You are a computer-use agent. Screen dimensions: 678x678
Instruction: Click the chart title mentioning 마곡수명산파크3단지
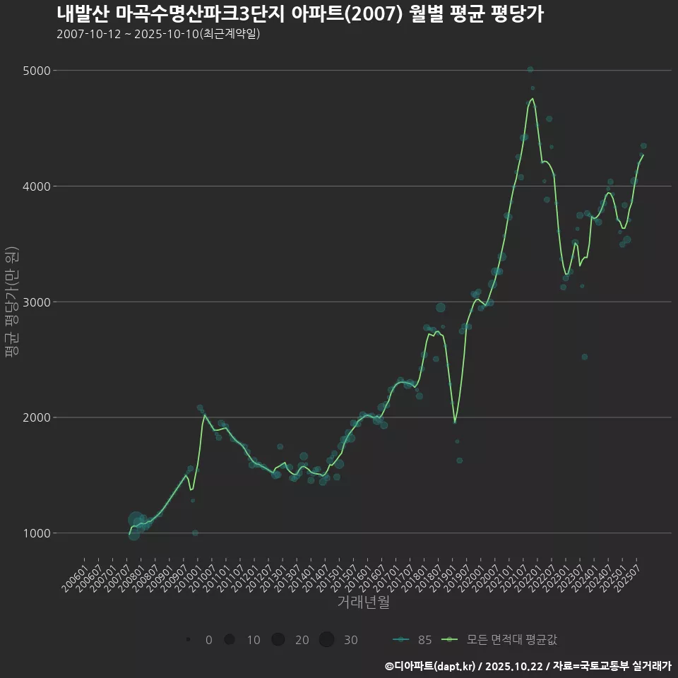[300, 14]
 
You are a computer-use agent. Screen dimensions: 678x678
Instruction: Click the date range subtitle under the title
[158, 34]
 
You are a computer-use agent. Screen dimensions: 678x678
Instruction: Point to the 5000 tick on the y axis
[36, 71]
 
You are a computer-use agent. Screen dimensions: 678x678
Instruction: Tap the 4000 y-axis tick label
[36, 186]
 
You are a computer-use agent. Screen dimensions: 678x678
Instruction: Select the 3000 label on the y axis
[36, 302]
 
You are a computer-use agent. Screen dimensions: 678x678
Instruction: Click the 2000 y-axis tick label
[36, 417]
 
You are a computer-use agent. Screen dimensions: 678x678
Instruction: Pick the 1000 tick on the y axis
[36, 533]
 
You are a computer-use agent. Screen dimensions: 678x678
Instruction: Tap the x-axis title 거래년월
[363, 602]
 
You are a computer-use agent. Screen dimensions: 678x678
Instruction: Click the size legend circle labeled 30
[326, 640]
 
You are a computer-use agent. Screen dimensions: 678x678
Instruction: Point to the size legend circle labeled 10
[230, 640]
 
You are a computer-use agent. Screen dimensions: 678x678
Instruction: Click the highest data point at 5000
[530, 69]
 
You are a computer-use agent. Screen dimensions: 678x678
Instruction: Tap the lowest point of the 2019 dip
[455, 422]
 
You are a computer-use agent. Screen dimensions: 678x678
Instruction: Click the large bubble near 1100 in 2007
[136, 520]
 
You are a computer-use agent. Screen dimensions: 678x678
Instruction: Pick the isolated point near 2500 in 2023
[584, 357]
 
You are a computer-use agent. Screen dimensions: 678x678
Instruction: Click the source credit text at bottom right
[528, 665]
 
